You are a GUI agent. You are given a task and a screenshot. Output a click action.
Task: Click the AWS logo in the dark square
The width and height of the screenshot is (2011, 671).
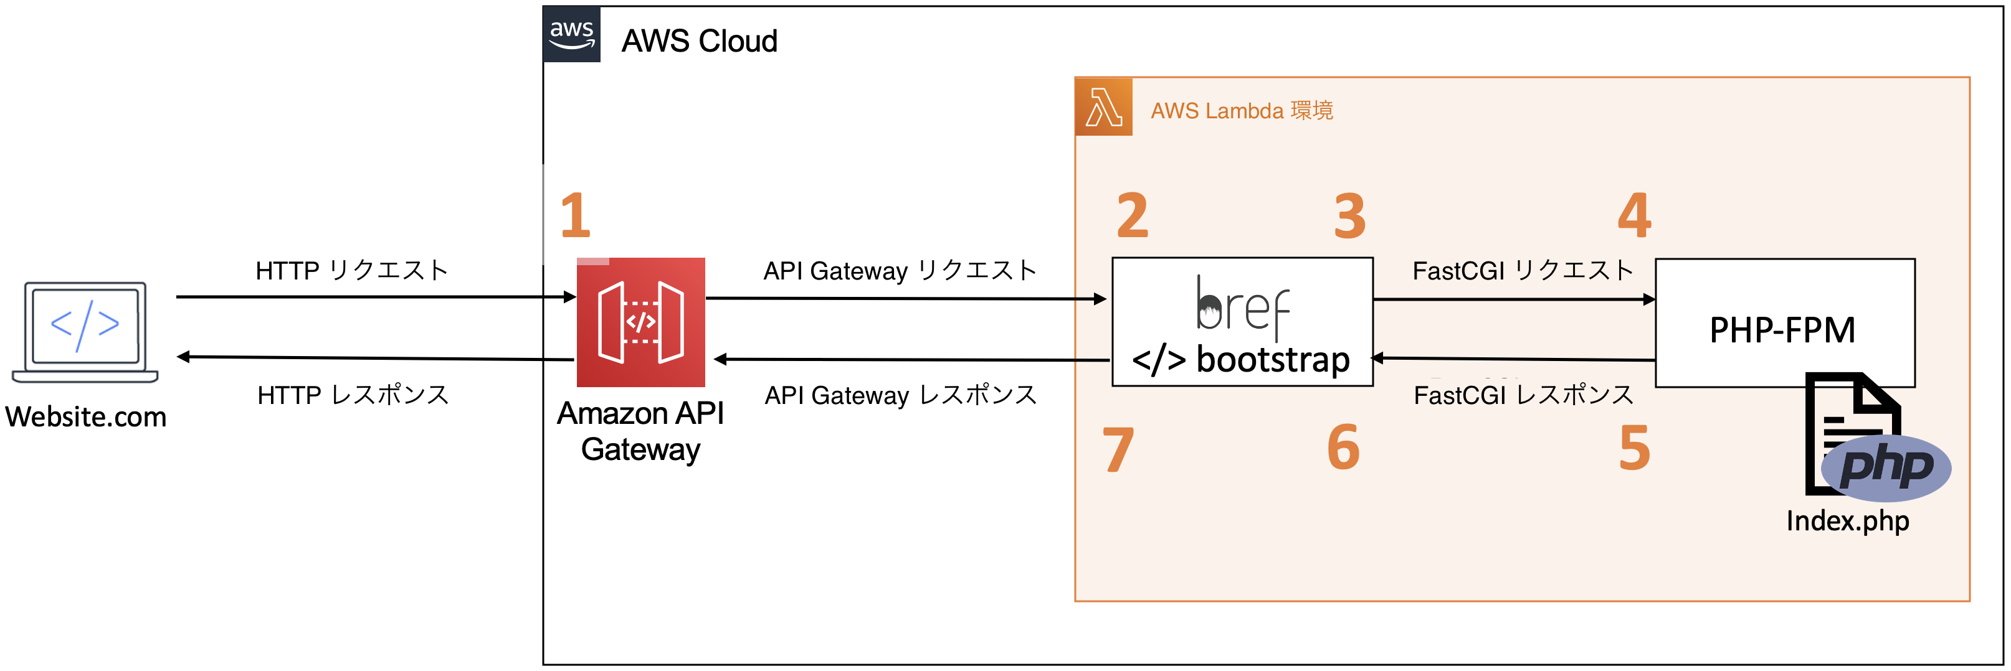point(571,34)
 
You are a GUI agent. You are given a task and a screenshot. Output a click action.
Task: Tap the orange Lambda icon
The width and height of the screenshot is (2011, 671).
point(1103,107)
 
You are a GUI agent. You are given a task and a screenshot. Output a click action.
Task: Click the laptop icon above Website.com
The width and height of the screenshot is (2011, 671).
point(85,332)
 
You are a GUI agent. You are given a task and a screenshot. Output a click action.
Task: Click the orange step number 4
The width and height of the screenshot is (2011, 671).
point(1634,215)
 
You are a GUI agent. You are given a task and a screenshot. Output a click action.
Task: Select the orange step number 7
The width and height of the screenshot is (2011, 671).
point(1117,450)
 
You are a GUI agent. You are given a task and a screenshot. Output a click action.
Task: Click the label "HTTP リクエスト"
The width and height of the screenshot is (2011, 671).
point(351,271)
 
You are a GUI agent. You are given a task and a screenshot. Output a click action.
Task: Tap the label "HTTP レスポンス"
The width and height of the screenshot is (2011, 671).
point(353,395)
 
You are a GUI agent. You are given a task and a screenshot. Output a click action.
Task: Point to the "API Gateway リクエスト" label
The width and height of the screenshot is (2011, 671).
point(900,271)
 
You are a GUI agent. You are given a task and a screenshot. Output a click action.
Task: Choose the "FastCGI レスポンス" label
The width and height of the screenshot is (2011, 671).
point(1523,395)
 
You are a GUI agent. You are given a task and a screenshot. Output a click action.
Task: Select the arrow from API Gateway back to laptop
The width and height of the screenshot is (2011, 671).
point(374,358)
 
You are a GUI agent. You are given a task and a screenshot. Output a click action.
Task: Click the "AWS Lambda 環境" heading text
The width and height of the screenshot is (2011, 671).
point(1241,111)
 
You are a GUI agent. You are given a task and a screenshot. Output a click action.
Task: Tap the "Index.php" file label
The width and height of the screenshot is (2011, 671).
point(1847,520)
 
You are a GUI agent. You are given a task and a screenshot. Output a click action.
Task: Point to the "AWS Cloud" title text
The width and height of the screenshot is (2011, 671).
point(699,40)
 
